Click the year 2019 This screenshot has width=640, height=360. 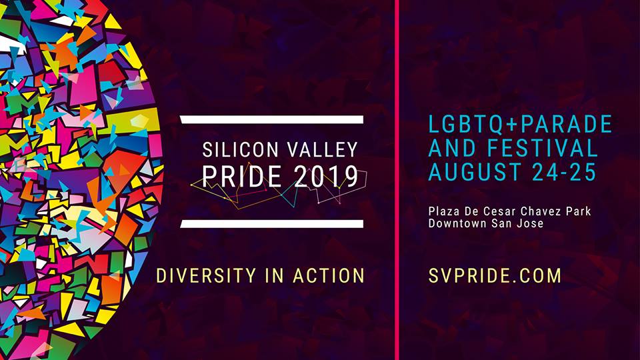(326, 177)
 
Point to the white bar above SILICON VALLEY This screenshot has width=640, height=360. (272, 119)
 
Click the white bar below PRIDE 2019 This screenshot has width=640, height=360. (272, 224)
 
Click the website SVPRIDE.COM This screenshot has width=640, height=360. (495, 276)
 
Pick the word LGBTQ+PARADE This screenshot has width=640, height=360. (520, 125)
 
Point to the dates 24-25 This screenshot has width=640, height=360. (564, 172)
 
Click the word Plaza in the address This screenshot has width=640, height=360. (443, 211)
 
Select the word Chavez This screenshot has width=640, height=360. (541, 211)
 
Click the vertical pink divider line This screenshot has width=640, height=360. (397, 180)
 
